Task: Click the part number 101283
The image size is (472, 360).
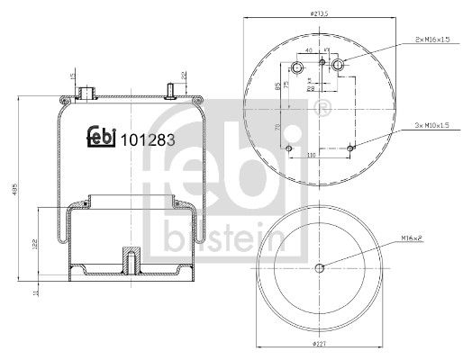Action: [x=148, y=139]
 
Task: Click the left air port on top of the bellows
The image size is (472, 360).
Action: [x=87, y=92]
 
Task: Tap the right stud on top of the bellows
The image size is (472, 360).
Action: [x=169, y=91]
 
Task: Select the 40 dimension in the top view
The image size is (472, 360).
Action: [x=309, y=51]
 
